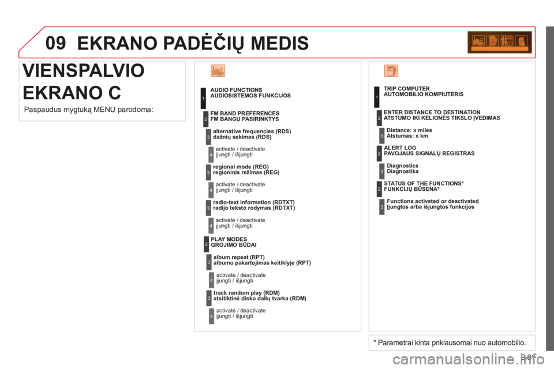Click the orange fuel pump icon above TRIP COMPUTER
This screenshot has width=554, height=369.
(391, 71)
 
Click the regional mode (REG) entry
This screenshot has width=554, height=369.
(246, 169)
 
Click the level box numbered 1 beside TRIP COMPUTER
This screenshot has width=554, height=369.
(376, 97)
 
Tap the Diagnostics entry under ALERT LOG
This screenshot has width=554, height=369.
(403, 168)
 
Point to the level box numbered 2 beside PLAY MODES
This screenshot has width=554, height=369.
(205, 244)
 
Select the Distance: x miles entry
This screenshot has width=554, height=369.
(409, 133)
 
